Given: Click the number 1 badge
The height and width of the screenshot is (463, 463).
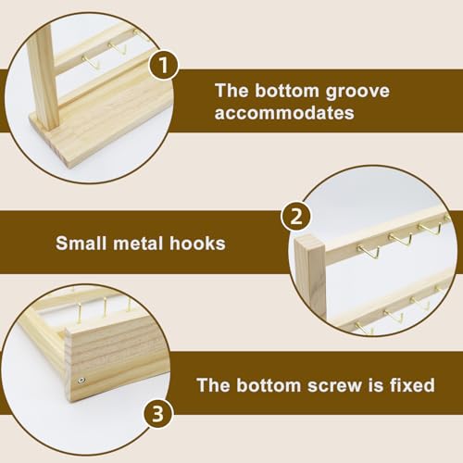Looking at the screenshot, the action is [x=163, y=66].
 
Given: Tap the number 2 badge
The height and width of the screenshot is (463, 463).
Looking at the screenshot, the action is [x=296, y=216].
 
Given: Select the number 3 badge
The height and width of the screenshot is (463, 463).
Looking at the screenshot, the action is [x=158, y=414].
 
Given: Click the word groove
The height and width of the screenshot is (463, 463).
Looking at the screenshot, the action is [x=357, y=93].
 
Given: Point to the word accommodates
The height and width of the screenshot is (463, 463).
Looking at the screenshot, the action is [x=284, y=113].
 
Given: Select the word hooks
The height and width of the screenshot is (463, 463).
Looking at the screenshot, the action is [x=197, y=244].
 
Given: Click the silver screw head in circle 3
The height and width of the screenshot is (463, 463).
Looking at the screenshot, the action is [x=81, y=381].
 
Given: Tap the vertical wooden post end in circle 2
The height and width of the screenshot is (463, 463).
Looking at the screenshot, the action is [x=309, y=276].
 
